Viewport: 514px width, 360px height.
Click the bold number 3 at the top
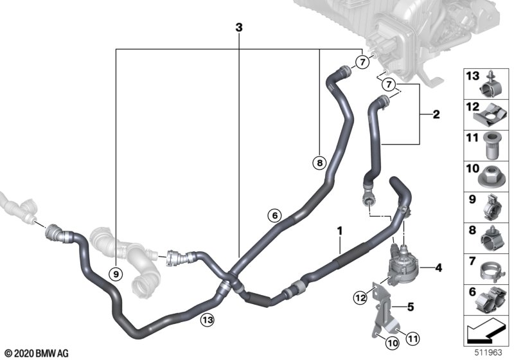point(239,28)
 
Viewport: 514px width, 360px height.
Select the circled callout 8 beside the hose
point(319,163)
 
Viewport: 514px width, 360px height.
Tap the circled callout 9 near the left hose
point(116,273)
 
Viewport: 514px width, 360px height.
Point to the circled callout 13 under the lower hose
point(208,319)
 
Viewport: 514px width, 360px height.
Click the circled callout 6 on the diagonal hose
point(275,215)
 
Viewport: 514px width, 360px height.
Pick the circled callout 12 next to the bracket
point(360,298)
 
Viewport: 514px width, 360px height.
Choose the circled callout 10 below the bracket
point(393,343)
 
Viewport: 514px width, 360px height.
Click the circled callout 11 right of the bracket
point(413,338)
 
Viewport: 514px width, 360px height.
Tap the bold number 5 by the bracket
point(411,307)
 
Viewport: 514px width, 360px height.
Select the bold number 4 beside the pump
point(439,268)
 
